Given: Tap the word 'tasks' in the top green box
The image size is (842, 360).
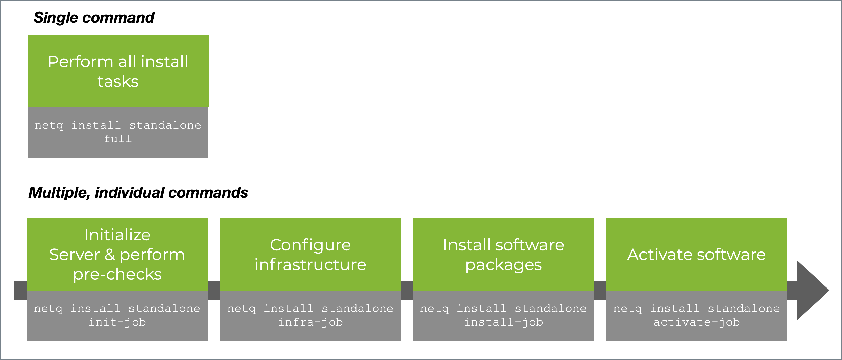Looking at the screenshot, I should coord(118,81).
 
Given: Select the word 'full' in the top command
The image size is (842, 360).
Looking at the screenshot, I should coord(118,139).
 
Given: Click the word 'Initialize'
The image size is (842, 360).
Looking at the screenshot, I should coord(117,235).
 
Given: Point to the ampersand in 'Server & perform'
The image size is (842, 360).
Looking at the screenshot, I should coord(110,255).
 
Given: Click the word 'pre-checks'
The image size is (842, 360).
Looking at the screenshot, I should coord(117,274).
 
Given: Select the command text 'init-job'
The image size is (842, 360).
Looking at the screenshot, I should coord(117,322).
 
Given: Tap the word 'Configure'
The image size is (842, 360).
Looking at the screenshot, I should coord(310,245).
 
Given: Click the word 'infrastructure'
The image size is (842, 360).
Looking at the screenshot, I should coord(310,264).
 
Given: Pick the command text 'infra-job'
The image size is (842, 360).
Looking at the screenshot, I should coord(310,322).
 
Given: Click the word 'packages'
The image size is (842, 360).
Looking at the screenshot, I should coord(503,265).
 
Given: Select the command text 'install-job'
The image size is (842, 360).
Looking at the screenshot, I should coord(503,322).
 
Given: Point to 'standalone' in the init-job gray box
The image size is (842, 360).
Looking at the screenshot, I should coord(164,308).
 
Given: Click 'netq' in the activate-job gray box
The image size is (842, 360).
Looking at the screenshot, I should coord(627,308).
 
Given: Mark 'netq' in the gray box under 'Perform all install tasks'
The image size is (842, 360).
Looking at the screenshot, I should coord(49,125).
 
